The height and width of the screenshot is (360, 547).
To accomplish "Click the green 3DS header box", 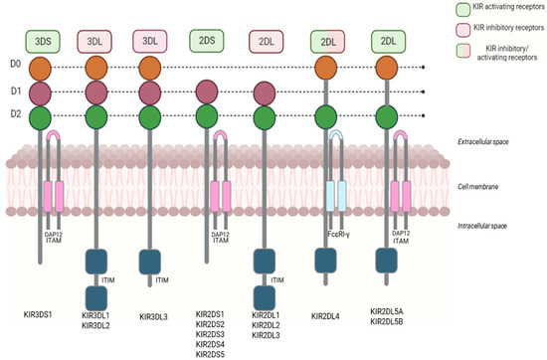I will (x=43, y=42).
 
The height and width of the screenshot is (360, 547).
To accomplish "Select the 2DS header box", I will (x=206, y=42).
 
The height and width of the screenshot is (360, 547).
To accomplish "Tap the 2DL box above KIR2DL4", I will (x=327, y=42).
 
